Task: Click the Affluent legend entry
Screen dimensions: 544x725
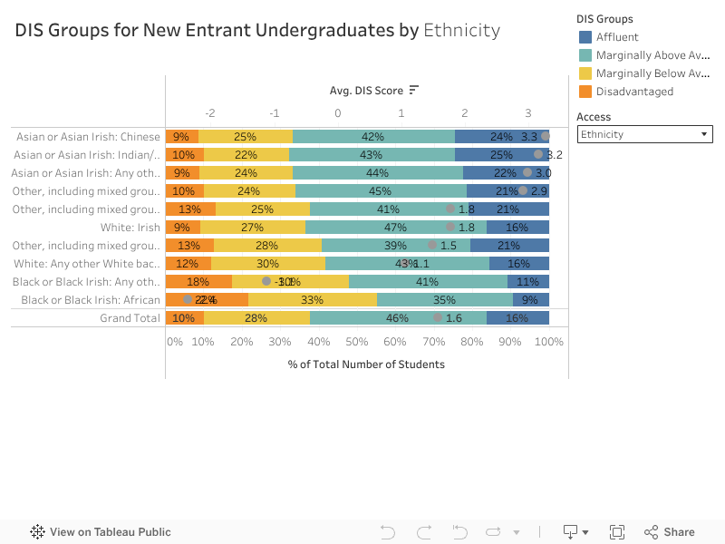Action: point(617,37)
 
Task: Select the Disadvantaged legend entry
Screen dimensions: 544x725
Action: point(634,92)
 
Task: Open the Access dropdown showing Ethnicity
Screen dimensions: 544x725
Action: point(644,135)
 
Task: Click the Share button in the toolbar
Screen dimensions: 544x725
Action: point(670,532)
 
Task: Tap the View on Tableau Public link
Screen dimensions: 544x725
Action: point(101,532)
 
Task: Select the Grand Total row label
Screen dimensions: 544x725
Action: point(130,318)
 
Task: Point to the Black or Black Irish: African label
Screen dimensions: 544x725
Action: point(91,300)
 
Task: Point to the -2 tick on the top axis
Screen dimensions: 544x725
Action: point(210,112)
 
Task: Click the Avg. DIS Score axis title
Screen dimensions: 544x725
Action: point(365,90)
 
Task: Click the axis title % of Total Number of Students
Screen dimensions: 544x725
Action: point(366,364)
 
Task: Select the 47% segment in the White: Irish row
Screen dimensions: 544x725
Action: point(395,228)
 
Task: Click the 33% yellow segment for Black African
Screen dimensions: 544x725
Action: point(312,300)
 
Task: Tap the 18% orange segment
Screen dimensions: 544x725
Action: point(198,282)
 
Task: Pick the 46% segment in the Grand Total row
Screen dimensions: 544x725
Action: point(397,318)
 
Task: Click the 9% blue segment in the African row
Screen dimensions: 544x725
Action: point(530,300)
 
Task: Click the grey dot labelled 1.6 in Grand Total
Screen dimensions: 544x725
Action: point(439,318)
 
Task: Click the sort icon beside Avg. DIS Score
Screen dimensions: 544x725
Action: point(414,90)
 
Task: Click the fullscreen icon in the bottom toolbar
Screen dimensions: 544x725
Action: point(617,532)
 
